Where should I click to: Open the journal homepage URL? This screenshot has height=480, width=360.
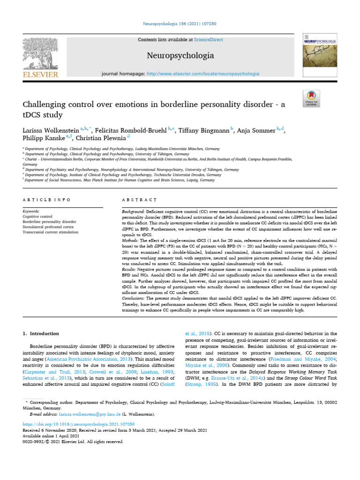pos(202,74)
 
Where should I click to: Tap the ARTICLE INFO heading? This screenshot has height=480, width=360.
pos(46,200)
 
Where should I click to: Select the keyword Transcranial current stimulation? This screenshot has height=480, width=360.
pos(50,232)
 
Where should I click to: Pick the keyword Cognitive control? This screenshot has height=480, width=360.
pos(37,217)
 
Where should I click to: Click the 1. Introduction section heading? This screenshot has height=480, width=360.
pos(41,334)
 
